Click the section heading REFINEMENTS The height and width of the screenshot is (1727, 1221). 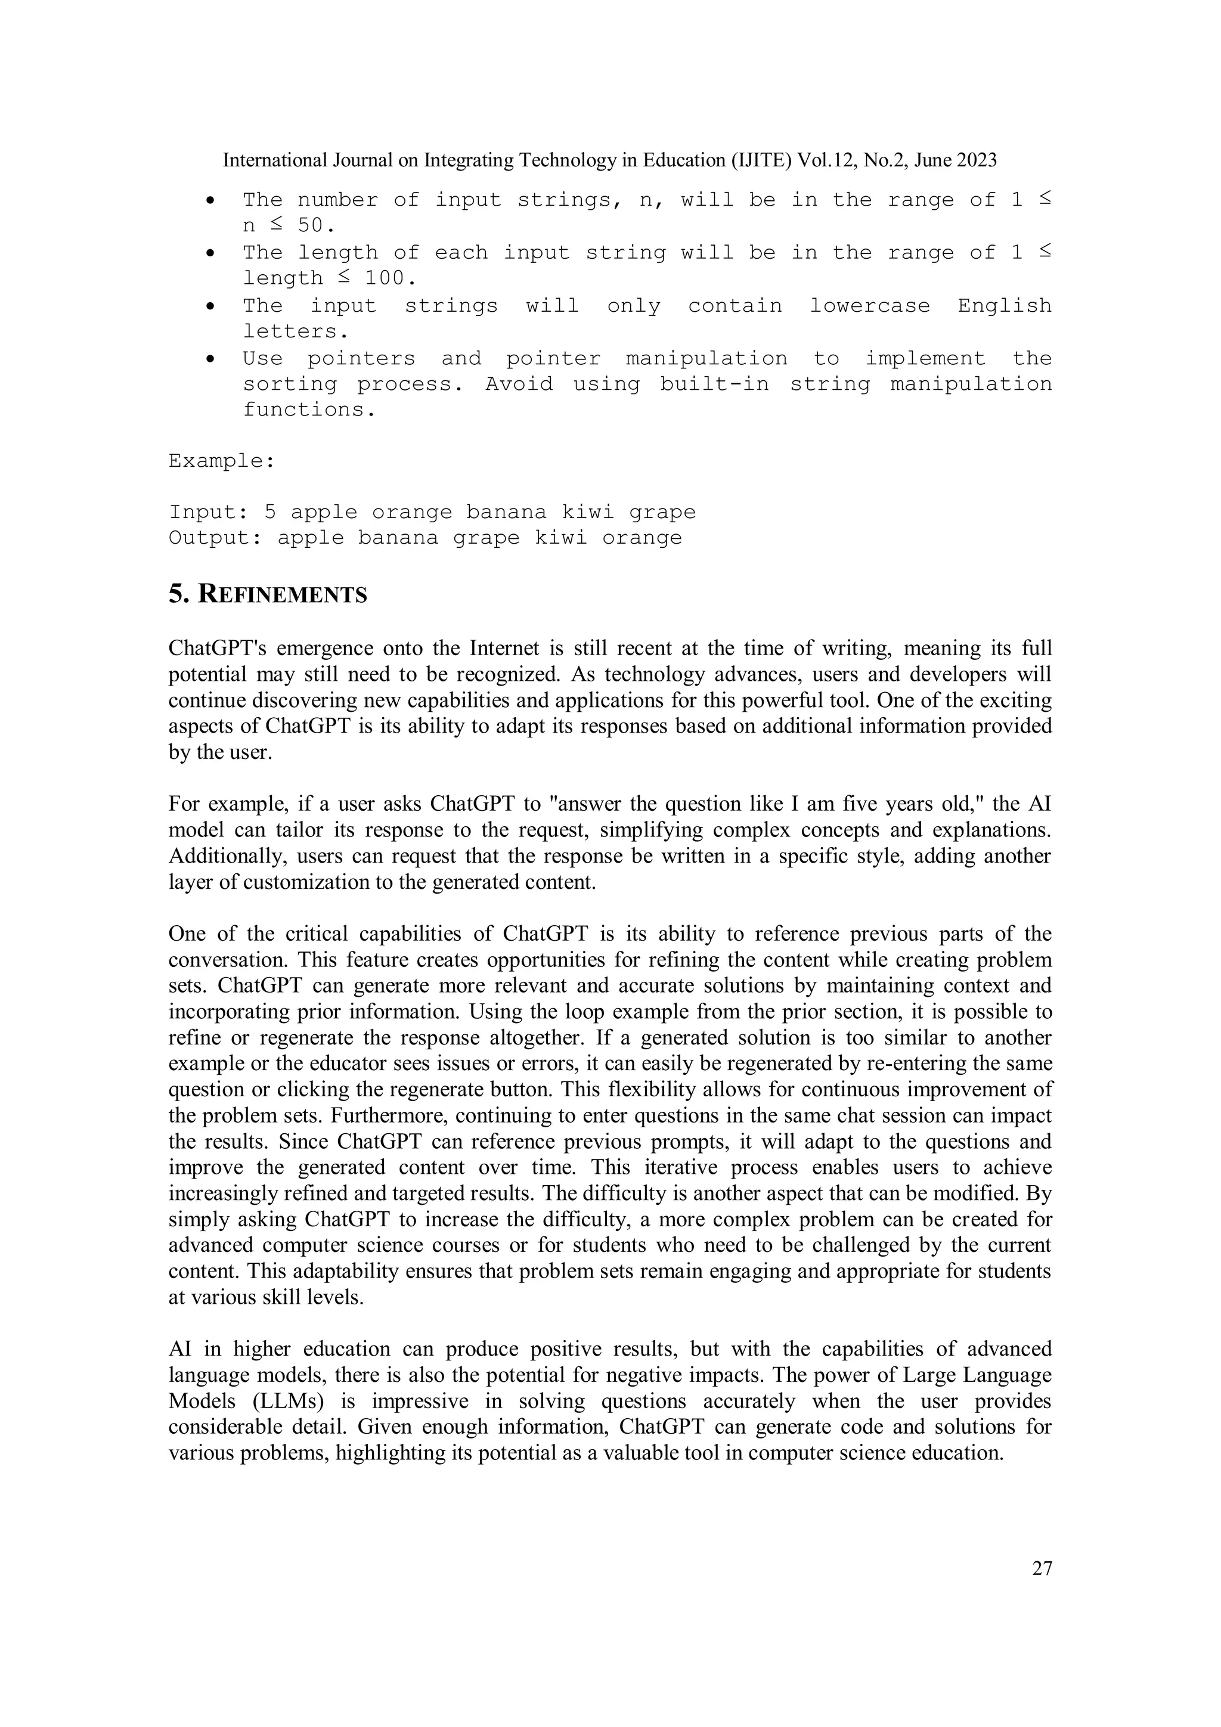tap(283, 595)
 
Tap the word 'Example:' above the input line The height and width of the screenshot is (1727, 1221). tap(221, 460)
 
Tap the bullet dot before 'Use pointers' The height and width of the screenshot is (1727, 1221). tap(212, 359)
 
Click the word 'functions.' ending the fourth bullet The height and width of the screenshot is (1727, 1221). tap(308, 410)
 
